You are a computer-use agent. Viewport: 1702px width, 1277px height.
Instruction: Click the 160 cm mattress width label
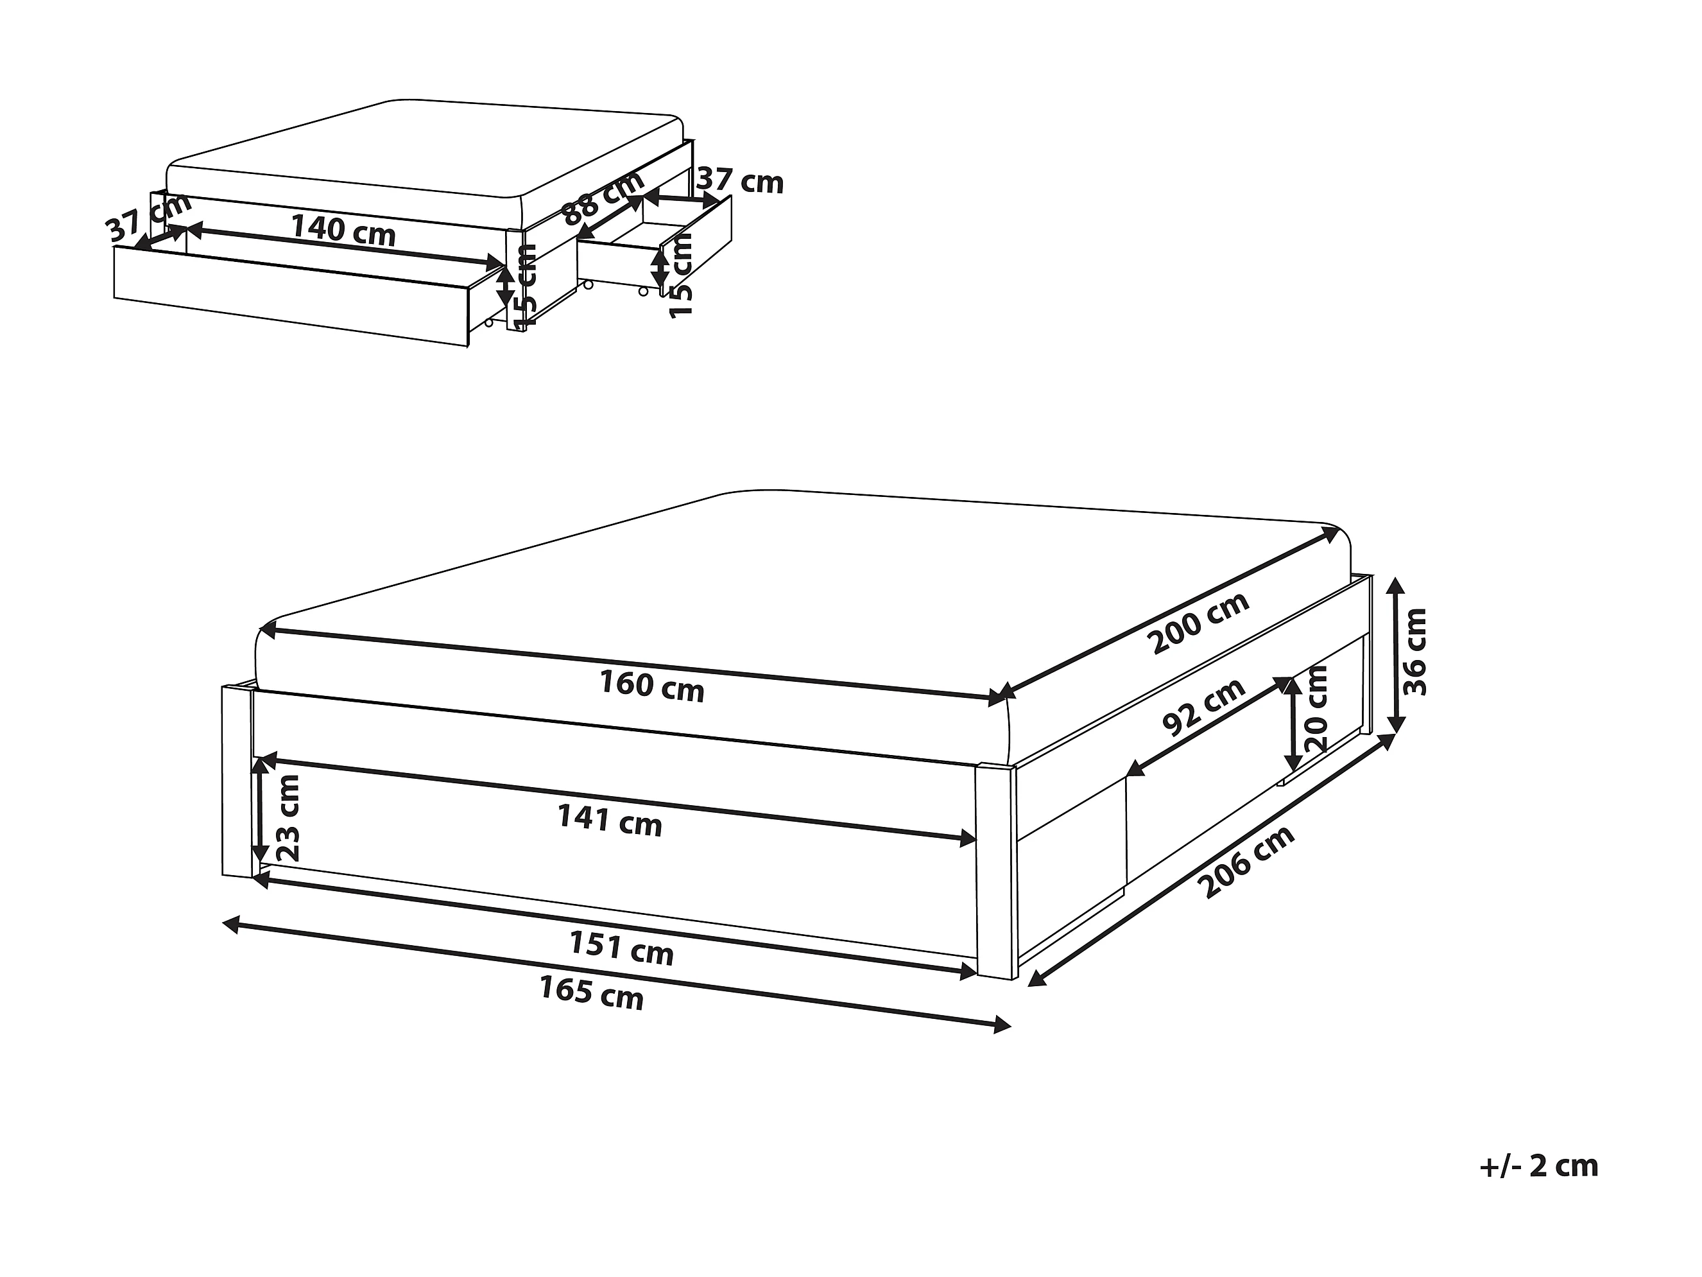[651, 686]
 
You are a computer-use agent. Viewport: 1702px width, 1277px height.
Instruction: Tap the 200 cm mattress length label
[1198, 623]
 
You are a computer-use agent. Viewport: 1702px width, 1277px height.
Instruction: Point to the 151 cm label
[621, 948]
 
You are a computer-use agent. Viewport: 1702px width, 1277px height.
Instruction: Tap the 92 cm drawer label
[1204, 708]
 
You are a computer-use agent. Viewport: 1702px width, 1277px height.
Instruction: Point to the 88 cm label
[604, 197]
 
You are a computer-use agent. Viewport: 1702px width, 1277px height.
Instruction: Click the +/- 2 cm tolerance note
[1539, 1165]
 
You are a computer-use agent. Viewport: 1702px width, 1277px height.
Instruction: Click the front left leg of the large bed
[237, 781]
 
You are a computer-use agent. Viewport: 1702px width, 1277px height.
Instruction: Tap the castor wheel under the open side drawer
[643, 291]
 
